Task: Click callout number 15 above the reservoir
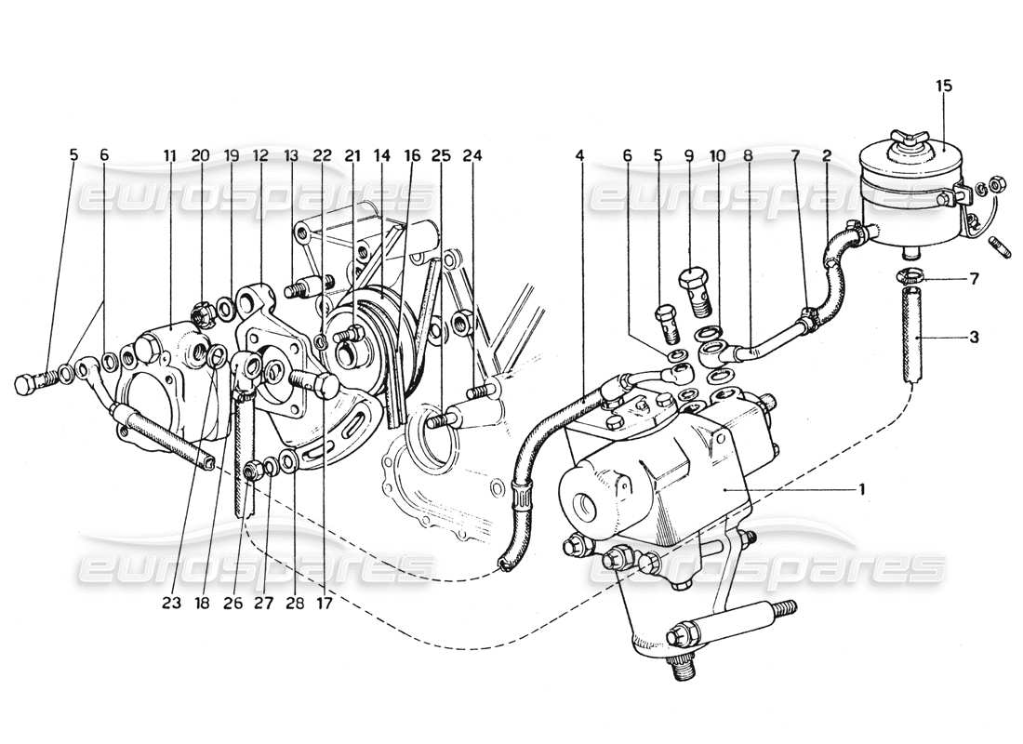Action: coord(944,86)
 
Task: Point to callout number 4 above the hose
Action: coord(580,156)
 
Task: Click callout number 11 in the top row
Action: coord(170,156)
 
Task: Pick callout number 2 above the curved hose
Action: coord(826,156)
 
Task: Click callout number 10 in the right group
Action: coord(713,156)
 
